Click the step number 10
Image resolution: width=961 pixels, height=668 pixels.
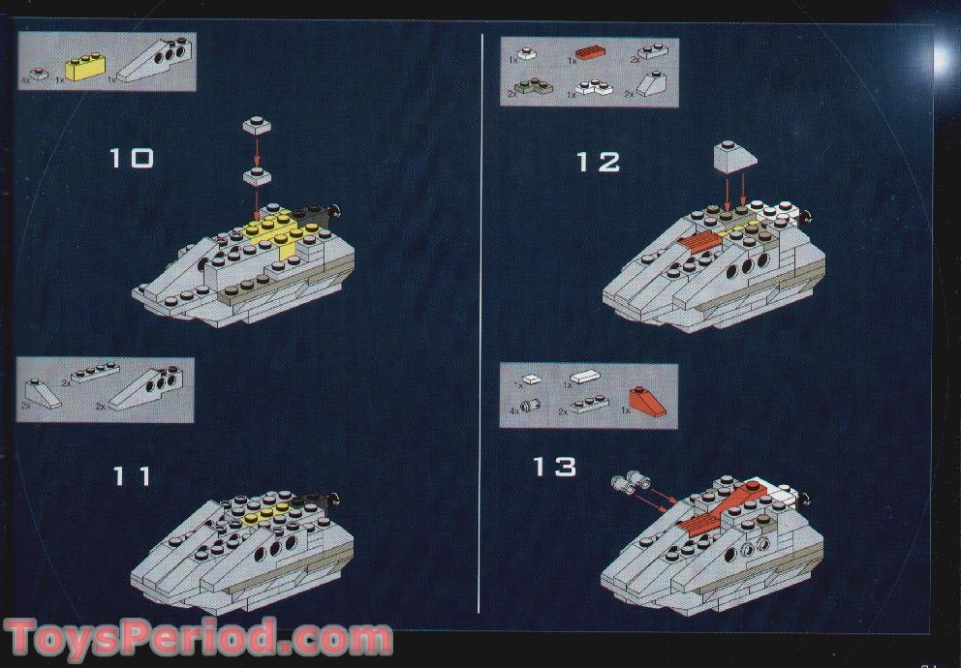point(131,158)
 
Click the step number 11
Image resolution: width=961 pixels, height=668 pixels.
point(132,476)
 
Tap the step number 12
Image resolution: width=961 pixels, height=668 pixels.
point(598,161)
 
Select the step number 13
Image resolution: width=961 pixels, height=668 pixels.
point(554,467)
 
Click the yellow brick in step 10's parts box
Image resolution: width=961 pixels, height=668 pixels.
point(84,68)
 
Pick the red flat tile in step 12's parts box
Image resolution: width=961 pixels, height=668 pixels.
point(589,55)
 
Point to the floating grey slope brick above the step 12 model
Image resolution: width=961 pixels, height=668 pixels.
point(735,156)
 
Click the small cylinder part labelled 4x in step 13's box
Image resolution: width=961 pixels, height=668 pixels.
point(530,408)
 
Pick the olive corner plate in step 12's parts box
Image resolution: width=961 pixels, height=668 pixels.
point(534,88)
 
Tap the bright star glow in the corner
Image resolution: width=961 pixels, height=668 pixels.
point(941,57)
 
